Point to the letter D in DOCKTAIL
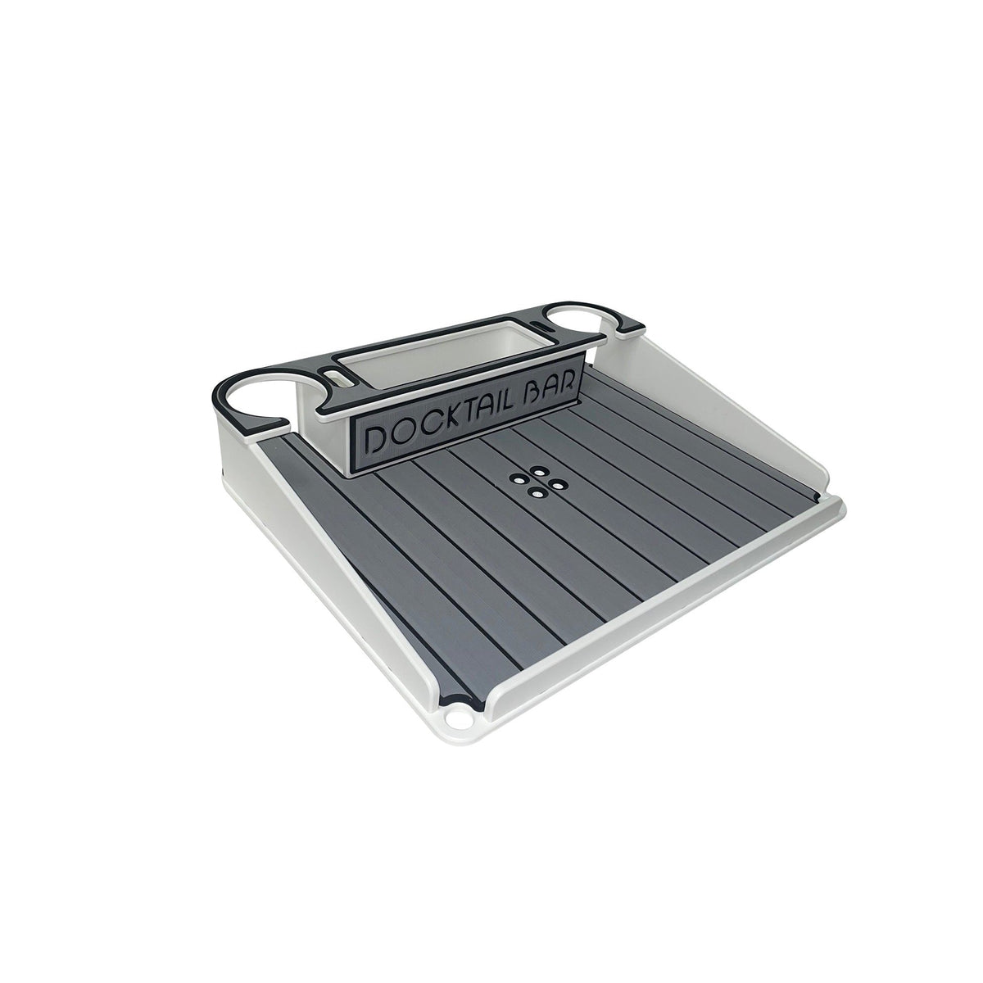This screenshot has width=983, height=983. pos(375,438)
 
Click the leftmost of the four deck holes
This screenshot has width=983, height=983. pos(517,481)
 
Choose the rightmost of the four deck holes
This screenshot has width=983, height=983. pos(556,484)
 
